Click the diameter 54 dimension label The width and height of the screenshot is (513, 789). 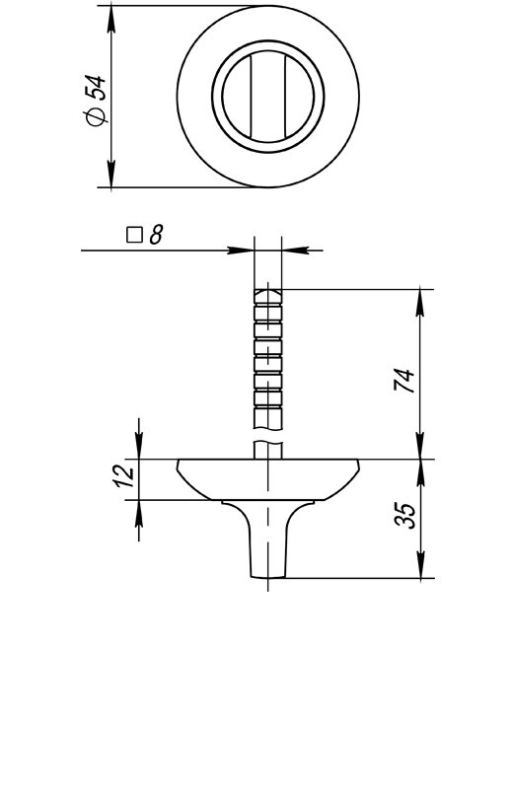tap(95, 101)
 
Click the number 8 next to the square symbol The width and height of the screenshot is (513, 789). tap(156, 235)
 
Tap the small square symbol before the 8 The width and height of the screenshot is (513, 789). tap(134, 235)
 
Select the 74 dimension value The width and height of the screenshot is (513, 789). tap(403, 381)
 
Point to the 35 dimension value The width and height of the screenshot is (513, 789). tap(405, 515)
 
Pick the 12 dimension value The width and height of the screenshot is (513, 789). tap(123, 476)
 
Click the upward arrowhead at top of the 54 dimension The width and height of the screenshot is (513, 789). tap(111, 20)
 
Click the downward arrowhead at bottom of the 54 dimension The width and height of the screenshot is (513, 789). tap(111, 174)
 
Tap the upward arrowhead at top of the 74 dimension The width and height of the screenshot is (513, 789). tap(421, 303)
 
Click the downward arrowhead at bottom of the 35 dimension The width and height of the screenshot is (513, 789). tap(421, 565)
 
